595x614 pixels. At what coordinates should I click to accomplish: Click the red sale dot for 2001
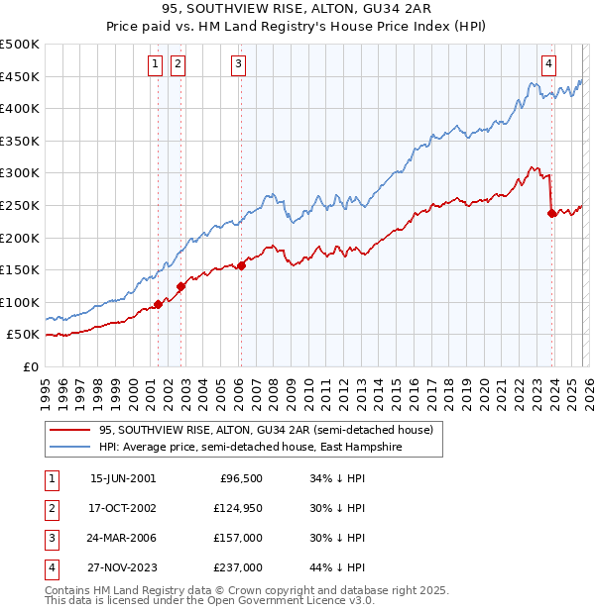[158, 304]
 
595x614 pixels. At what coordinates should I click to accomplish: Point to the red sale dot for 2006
[241, 265]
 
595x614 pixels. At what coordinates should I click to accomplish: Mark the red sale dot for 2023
[551, 213]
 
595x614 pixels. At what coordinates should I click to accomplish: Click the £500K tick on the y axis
[20, 45]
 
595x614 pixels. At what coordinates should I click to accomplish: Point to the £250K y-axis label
[20, 205]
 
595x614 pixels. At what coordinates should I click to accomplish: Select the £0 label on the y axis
[30, 366]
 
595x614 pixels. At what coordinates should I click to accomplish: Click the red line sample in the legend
[69, 431]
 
